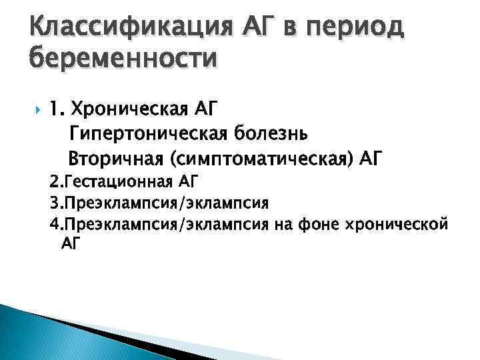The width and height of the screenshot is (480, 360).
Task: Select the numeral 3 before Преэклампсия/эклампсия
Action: (x=53, y=201)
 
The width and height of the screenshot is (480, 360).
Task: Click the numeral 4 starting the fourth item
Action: (x=53, y=223)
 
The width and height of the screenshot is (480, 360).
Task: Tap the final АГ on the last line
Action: (x=70, y=244)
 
